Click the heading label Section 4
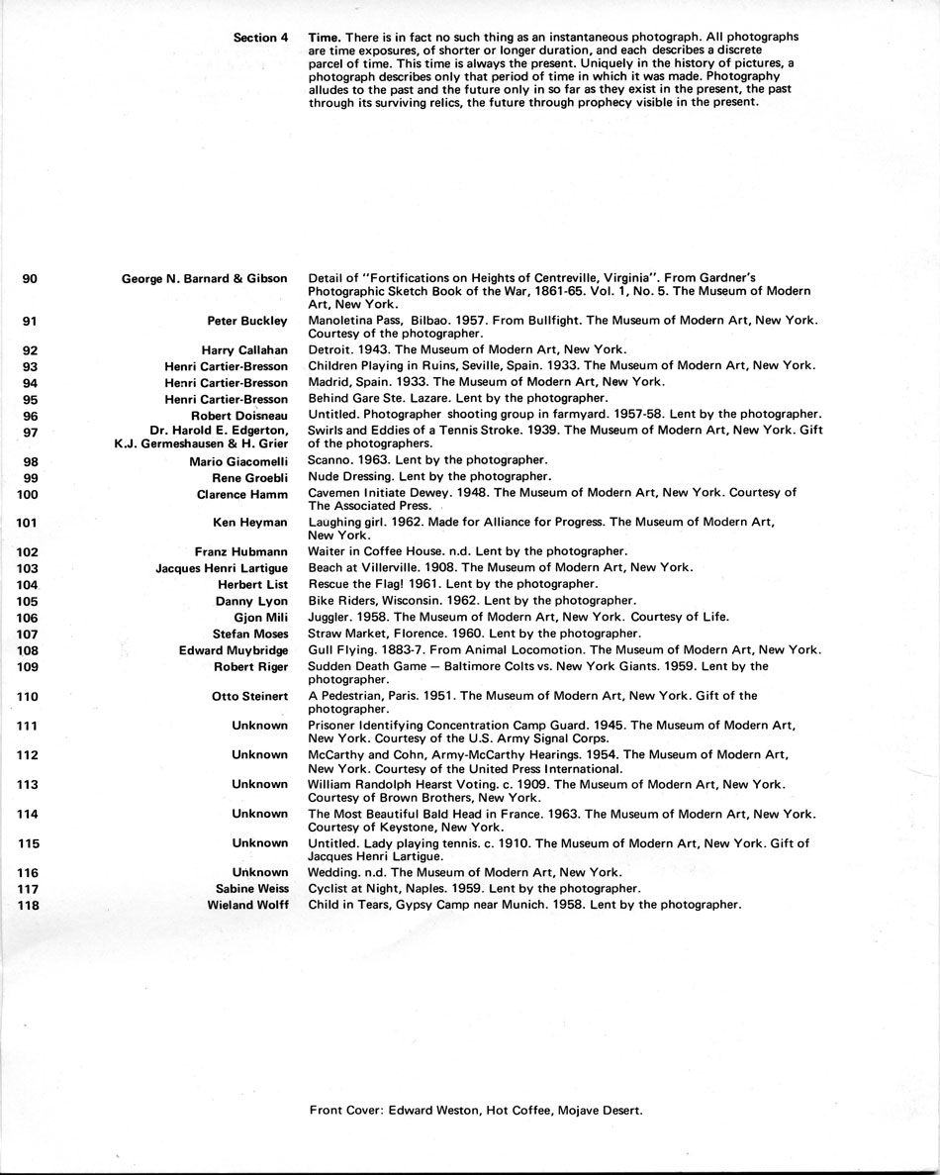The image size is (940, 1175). coord(260,38)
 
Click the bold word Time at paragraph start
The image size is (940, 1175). coord(325,37)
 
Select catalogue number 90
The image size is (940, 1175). coord(30,279)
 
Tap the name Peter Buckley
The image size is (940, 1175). coord(247,321)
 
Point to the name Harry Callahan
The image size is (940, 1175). coord(244,350)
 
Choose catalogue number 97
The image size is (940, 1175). coord(30,432)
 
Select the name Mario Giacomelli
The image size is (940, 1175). coord(238,461)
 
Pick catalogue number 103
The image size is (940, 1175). coord(28,568)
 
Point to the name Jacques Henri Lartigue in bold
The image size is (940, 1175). coord(222,568)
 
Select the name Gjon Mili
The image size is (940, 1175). coord(261,618)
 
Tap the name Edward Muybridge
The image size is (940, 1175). coord(234,650)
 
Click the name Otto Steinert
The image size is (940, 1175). coord(250,697)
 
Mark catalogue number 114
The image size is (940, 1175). coord(28,814)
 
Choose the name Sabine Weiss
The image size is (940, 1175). coord(252,889)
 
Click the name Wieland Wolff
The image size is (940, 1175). coord(247,905)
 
